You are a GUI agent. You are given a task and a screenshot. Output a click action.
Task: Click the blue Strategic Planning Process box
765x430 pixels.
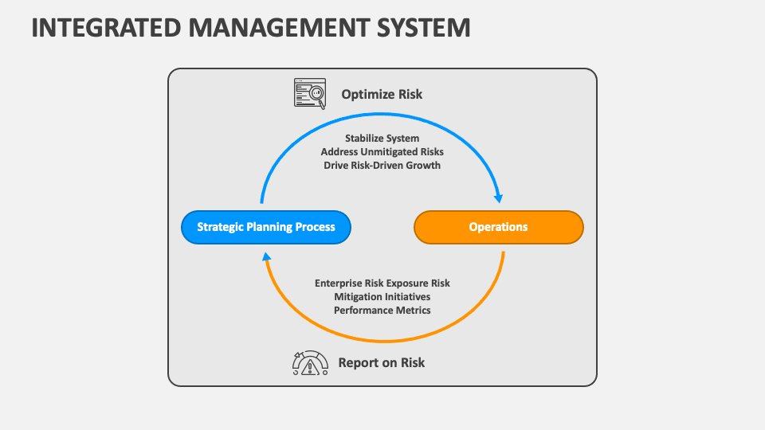pyautogui.click(x=265, y=227)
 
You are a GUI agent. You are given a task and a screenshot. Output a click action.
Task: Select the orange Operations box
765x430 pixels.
pyautogui.click(x=498, y=227)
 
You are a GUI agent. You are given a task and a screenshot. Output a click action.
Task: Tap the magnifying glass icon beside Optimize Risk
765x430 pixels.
pyautogui.click(x=310, y=93)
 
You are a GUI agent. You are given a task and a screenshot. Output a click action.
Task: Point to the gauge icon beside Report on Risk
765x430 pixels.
pyautogui.click(x=310, y=363)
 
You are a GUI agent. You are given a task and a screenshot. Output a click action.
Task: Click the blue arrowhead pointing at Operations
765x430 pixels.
pyautogui.click(x=499, y=197)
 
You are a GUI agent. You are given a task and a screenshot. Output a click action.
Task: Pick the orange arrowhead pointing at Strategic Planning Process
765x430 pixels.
pyautogui.click(x=266, y=256)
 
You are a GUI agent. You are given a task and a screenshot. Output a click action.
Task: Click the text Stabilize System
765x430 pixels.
pyautogui.click(x=382, y=139)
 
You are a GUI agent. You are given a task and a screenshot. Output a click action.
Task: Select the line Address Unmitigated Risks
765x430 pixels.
pyautogui.click(x=382, y=151)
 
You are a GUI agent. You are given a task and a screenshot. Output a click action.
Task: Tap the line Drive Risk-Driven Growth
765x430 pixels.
pyautogui.click(x=382, y=165)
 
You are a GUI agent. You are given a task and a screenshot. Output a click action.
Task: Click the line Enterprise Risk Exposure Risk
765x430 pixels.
pyautogui.click(x=382, y=283)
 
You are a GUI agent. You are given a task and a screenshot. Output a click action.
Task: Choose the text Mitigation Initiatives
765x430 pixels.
pyautogui.click(x=382, y=296)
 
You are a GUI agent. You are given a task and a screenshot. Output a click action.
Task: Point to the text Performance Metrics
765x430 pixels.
pyautogui.click(x=382, y=310)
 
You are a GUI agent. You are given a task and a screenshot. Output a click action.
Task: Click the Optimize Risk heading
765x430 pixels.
pyautogui.click(x=382, y=94)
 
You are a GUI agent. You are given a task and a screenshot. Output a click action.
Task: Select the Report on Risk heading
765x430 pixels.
pyautogui.click(x=382, y=362)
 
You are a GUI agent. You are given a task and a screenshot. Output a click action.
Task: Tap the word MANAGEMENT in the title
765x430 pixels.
pyautogui.click(x=288, y=28)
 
